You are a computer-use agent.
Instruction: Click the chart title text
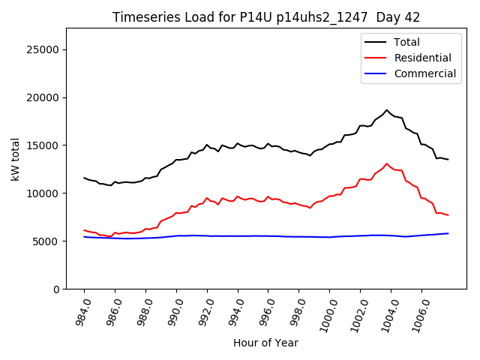pos(266,17)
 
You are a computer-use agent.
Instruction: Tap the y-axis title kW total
pos(15,158)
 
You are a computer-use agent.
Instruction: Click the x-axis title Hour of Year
pos(265,343)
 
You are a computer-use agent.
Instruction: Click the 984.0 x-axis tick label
pos(80,310)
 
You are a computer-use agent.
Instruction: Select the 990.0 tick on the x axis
pos(172,310)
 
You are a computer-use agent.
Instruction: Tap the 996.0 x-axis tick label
pos(264,310)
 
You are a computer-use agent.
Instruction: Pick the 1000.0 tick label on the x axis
pos(324,313)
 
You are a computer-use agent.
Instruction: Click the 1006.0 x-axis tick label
pos(416,313)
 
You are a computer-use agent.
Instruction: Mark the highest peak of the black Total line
pos(387,110)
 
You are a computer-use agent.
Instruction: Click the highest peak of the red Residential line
pos(387,163)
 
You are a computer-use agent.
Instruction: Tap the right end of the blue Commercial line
pos(448,233)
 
